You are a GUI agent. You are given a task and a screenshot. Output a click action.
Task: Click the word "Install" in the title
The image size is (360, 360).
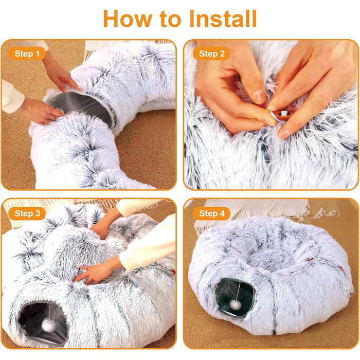pos(223,19)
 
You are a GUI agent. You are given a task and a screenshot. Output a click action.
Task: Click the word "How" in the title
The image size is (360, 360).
pos(128,19)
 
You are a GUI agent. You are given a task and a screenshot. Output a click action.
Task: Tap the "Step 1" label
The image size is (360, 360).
pos(27,53)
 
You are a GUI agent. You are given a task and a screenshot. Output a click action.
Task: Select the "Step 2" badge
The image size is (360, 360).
pos(212,53)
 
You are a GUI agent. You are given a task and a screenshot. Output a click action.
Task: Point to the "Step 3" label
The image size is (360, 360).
pos(27,213)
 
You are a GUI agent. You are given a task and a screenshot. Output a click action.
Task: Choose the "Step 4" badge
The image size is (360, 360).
pos(212,213)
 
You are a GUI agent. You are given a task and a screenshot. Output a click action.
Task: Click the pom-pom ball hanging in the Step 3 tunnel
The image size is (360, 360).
pos(48,326)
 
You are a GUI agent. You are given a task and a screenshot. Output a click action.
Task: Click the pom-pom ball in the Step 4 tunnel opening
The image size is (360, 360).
pos(236,305)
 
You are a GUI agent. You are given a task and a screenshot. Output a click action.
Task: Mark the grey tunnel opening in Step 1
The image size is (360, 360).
pos(81,107)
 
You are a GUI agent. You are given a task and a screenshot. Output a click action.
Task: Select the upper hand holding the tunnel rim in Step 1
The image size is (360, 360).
pos(60,76)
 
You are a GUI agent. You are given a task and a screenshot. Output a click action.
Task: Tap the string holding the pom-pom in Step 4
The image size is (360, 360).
pos(238,291)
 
